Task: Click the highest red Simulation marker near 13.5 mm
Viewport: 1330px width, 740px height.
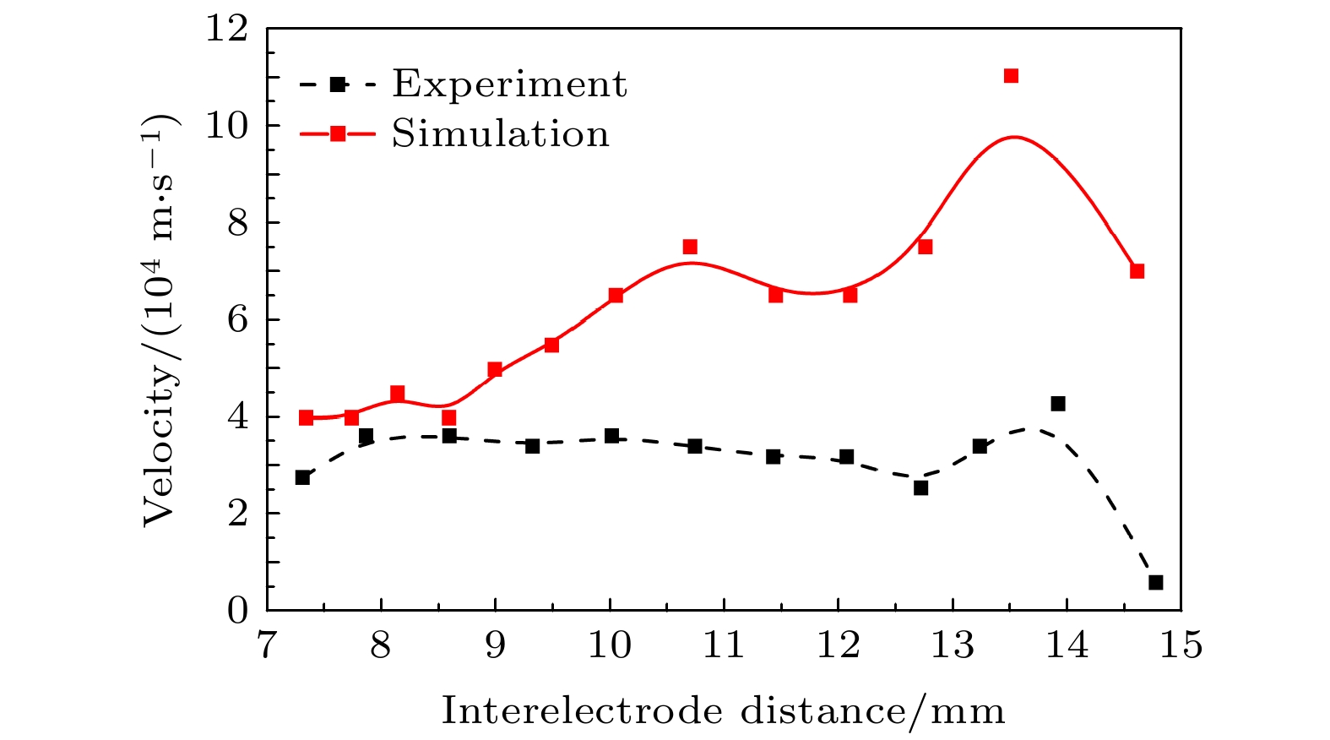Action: coord(1011,76)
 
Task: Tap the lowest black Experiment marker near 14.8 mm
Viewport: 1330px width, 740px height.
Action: coord(1155,582)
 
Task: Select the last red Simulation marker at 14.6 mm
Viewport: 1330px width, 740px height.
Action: coord(1137,271)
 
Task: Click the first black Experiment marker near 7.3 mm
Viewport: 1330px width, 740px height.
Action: coord(302,477)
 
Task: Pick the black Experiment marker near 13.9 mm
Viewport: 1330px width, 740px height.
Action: coord(1057,404)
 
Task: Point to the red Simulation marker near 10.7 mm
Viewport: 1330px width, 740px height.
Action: coord(690,247)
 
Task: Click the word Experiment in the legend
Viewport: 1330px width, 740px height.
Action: coord(509,84)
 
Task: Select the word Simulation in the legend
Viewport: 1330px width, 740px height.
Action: coord(500,133)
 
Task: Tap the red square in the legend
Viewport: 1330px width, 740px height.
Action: coord(338,133)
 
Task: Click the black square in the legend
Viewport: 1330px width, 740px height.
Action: coord(338,84)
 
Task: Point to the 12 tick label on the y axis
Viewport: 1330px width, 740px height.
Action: coord(227,29)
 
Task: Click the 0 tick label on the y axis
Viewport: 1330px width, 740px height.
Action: coord(237,611)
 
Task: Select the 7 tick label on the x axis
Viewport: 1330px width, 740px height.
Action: coord(266,645)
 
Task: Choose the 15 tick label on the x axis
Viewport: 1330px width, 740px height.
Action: coord(1180,645)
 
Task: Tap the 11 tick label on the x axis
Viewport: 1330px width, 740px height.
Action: coord(724,645)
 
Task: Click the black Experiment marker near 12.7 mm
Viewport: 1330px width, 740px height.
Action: coord(920,487)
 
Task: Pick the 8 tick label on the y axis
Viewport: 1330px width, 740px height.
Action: coord(237,223)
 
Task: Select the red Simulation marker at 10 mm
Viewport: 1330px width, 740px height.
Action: coord(616,295)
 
